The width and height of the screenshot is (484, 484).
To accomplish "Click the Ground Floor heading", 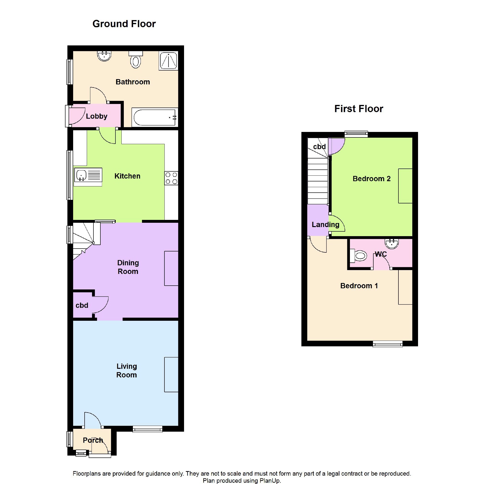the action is [124, 24].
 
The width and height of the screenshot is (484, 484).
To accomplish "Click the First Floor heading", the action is [359, 109].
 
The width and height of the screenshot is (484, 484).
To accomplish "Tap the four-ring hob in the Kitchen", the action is [171, 178].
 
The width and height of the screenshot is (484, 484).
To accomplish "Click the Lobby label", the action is [97, 116].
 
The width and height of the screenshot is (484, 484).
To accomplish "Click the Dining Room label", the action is [128, 267].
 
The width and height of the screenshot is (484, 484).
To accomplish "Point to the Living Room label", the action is [126, 370].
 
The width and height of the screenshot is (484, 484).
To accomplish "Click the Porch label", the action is [93, 440].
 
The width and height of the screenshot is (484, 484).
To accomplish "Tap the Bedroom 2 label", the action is [371, 179].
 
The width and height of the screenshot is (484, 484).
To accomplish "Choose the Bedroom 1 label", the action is [359, 286].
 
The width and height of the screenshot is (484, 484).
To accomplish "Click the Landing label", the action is [326, 225].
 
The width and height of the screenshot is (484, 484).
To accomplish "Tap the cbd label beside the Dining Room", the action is [82, 305].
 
